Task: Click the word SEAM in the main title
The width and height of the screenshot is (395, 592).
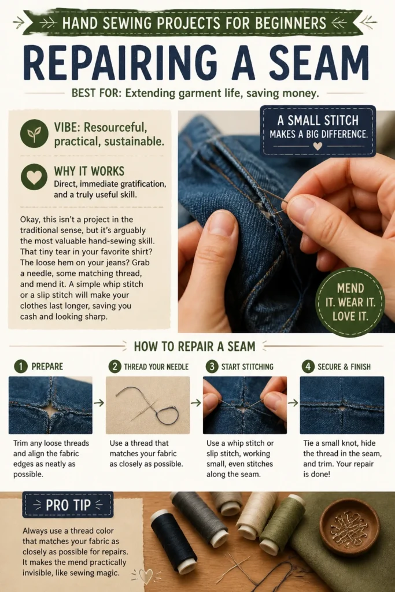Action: click(x=319, y=62)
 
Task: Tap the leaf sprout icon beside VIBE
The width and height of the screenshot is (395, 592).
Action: click(x=34, y=134)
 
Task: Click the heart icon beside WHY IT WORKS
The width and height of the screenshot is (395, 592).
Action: click(x=34, y=177)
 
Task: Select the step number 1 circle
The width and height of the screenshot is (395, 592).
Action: click(x=21, y=366)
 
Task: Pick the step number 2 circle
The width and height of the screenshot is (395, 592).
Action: click(x=115, y=366)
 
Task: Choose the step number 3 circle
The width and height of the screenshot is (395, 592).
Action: click(x=212, y=366)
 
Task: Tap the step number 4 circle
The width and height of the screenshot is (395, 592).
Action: click(x=308, y=366)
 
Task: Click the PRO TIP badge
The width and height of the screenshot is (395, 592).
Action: click(x=68, y=504)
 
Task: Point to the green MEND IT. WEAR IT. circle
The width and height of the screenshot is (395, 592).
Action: click(x=350, y=302)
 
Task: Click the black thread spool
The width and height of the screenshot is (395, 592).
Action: click(x=175, y=540)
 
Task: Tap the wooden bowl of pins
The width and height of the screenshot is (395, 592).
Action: click(x=350, y=527)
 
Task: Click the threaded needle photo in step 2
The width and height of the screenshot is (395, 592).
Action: click(x=147, y=405)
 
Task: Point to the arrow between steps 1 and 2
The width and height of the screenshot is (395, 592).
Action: click(x=99, y=403)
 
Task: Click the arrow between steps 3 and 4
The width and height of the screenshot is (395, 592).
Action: click(x=293, y=403)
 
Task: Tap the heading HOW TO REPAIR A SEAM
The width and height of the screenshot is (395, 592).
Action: click(x=194, y=346)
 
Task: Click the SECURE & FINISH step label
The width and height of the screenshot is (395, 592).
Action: click(x=344, y=367)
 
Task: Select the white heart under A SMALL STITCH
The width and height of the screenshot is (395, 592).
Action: click(x=318, y=146)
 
